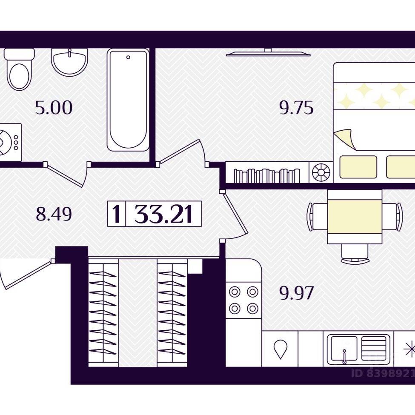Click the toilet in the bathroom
(x=19, y=69)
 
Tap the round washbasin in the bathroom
(x=69, y=62)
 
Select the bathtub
(x=128, y=100)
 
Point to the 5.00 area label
(x=54, y=108)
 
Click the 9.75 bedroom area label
(x=296, y=108)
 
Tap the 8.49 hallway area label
(x=54, y=214)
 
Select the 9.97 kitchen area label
(x=296, y=293)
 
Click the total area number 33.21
(x=163, y=214)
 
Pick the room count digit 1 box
(x=116, y=214)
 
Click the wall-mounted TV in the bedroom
(x=268, y=52)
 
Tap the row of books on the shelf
(x=267, y=176)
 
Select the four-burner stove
(x=243, y=300)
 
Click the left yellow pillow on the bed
(x=358, y=167)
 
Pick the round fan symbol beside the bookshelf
(x=321, y=172)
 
